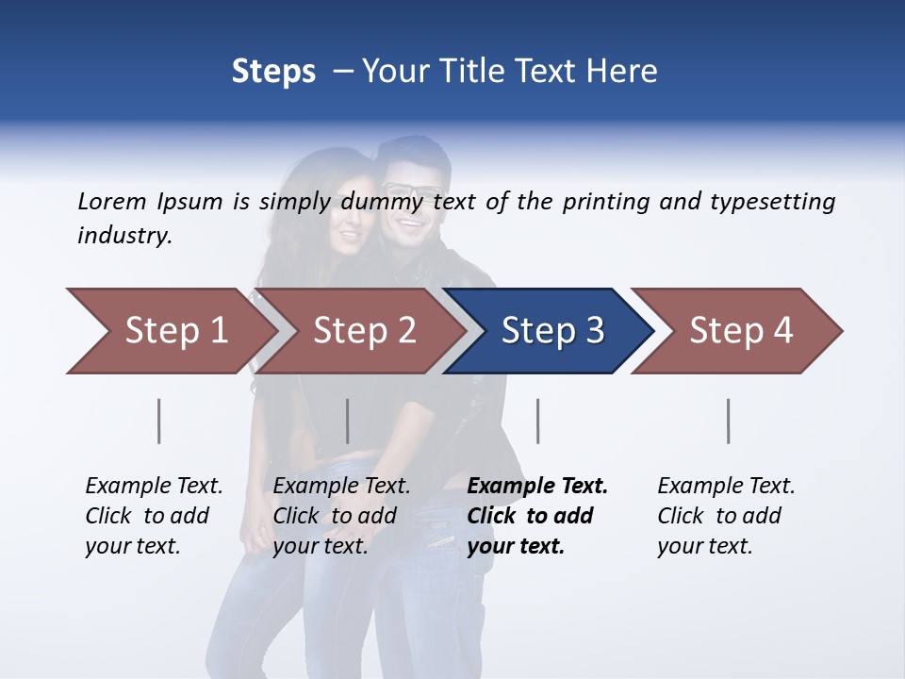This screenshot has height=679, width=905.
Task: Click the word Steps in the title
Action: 273,72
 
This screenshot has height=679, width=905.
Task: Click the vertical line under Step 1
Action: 159,421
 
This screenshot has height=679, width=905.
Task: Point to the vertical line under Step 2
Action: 348,421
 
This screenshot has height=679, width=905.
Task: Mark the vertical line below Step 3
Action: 538,421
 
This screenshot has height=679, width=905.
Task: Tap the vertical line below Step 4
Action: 729,421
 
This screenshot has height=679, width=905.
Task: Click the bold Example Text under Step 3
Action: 537,487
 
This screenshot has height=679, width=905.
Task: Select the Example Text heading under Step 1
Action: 154,487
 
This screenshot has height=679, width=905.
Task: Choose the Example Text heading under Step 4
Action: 726,487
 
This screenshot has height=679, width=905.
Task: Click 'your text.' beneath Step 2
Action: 320,546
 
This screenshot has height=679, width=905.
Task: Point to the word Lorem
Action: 112,201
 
